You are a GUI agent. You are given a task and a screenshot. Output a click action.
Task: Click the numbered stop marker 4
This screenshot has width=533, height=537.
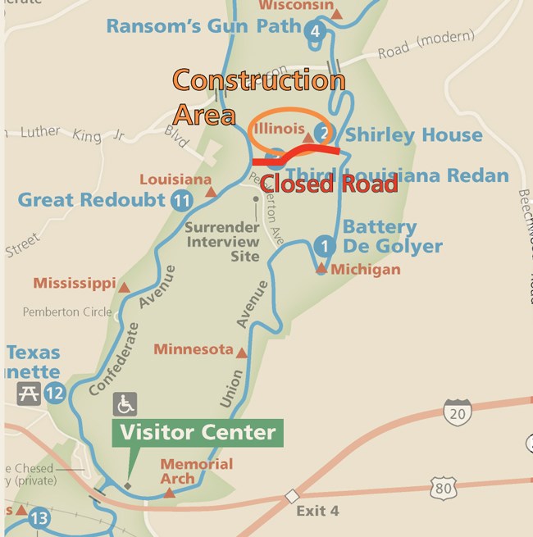click(x=314, y=32)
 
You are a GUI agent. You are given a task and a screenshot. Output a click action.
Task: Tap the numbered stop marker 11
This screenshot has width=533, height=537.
click(x=182, y=200)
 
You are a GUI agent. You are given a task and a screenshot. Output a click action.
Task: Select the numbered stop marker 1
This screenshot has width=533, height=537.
click(x=325, y=245)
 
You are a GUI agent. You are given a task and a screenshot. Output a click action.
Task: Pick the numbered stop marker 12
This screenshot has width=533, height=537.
click(x=54, y=394)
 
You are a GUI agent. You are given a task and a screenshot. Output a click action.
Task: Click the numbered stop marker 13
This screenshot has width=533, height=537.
click(x=39, y=518)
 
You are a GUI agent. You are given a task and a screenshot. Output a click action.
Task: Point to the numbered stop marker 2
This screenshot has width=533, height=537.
click(x=325, y=134)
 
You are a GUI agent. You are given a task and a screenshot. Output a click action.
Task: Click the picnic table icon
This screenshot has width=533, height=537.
click(x=29, y=394)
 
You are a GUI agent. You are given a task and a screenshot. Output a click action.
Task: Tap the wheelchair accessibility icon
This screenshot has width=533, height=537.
click(x=125, y=403)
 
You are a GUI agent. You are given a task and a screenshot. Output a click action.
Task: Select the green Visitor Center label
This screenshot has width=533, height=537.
click(x=198, y=432)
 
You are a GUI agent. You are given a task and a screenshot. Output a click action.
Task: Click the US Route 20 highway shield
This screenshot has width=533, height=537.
click(x=457, y=412)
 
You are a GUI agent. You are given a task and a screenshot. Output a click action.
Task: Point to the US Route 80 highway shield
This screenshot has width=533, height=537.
click(x=443, y=489)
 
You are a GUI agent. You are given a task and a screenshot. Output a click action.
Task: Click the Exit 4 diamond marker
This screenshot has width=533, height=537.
click(x=291, y=496)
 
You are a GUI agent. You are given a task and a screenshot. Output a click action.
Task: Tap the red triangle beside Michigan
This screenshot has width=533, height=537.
click(x=321, y=268)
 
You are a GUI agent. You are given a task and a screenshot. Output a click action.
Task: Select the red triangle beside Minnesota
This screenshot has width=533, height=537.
click(x=242, y=352)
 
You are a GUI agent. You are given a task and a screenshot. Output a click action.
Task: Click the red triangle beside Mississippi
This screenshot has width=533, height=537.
click(x=125, y=287)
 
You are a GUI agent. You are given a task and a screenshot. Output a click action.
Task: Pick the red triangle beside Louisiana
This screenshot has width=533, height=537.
click(x=211, y=191)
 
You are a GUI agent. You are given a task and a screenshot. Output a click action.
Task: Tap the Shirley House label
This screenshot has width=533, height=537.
click(x=413, y=134)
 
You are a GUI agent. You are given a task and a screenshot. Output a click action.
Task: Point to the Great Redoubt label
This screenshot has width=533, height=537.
click(x=93, y=199)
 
